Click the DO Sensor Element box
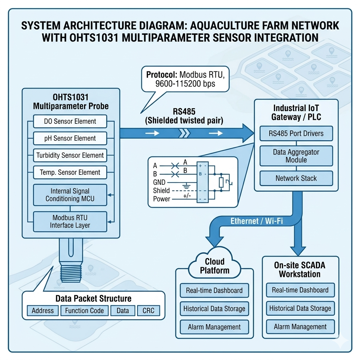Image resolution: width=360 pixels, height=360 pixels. tap(70, 122)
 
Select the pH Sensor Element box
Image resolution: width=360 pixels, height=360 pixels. tap(70, 139)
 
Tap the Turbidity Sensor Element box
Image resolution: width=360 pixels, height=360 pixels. tap(70, 155)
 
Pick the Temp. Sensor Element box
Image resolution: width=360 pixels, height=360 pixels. tap(70, 173)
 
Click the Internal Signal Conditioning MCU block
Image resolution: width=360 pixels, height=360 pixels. tap(70, 195)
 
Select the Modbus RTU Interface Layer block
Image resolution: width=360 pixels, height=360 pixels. tap(70, 222)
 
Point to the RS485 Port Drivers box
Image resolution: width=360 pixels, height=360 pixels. tap(296, 134)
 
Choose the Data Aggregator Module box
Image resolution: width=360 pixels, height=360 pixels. tap(296, 156)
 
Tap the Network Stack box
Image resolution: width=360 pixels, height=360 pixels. tap(296, 178)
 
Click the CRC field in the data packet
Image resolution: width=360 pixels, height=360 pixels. tap(148, 311)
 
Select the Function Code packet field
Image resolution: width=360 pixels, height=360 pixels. tap(84, 311)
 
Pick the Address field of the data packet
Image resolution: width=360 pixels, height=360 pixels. tap(43, 311)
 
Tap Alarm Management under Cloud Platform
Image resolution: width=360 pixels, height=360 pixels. tap(214, 327)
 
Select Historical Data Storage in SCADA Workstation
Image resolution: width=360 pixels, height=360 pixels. tap(300, 309)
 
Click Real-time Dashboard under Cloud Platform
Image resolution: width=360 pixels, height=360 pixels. tap(214, 290)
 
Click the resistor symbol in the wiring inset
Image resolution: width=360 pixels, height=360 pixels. tap(221, 182)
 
